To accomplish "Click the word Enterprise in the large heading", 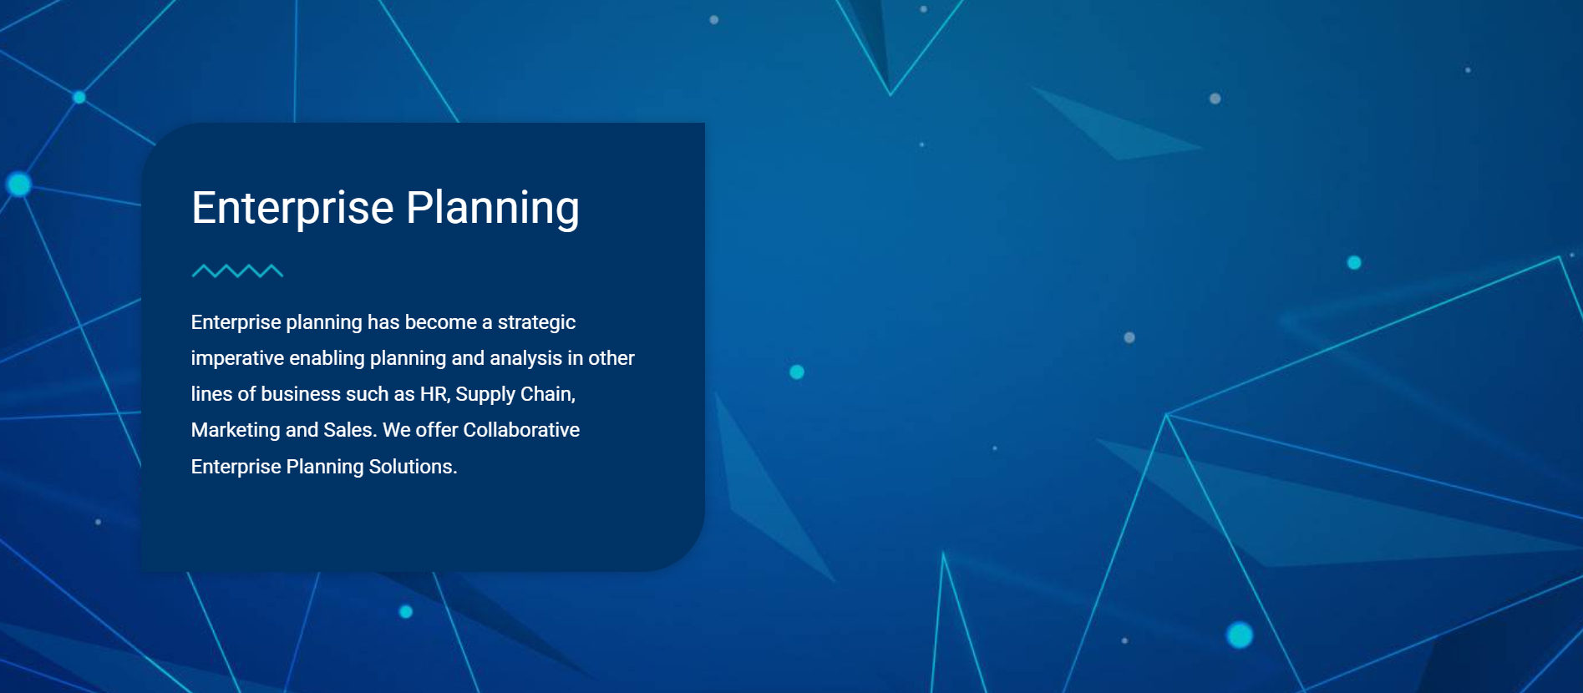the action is [x=292, y=208].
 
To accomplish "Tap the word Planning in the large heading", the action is [x=493, y=208].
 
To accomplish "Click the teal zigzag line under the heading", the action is [x=237, y=271].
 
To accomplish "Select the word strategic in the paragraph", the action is [x=536, y=322].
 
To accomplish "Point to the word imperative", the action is [x=237, y=358].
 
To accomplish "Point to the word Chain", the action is [x=548, y=394].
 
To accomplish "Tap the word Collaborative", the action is [x=521, y=430].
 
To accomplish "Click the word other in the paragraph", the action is [x=611, y=358].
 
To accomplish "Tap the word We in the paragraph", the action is [x=397, y=430].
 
